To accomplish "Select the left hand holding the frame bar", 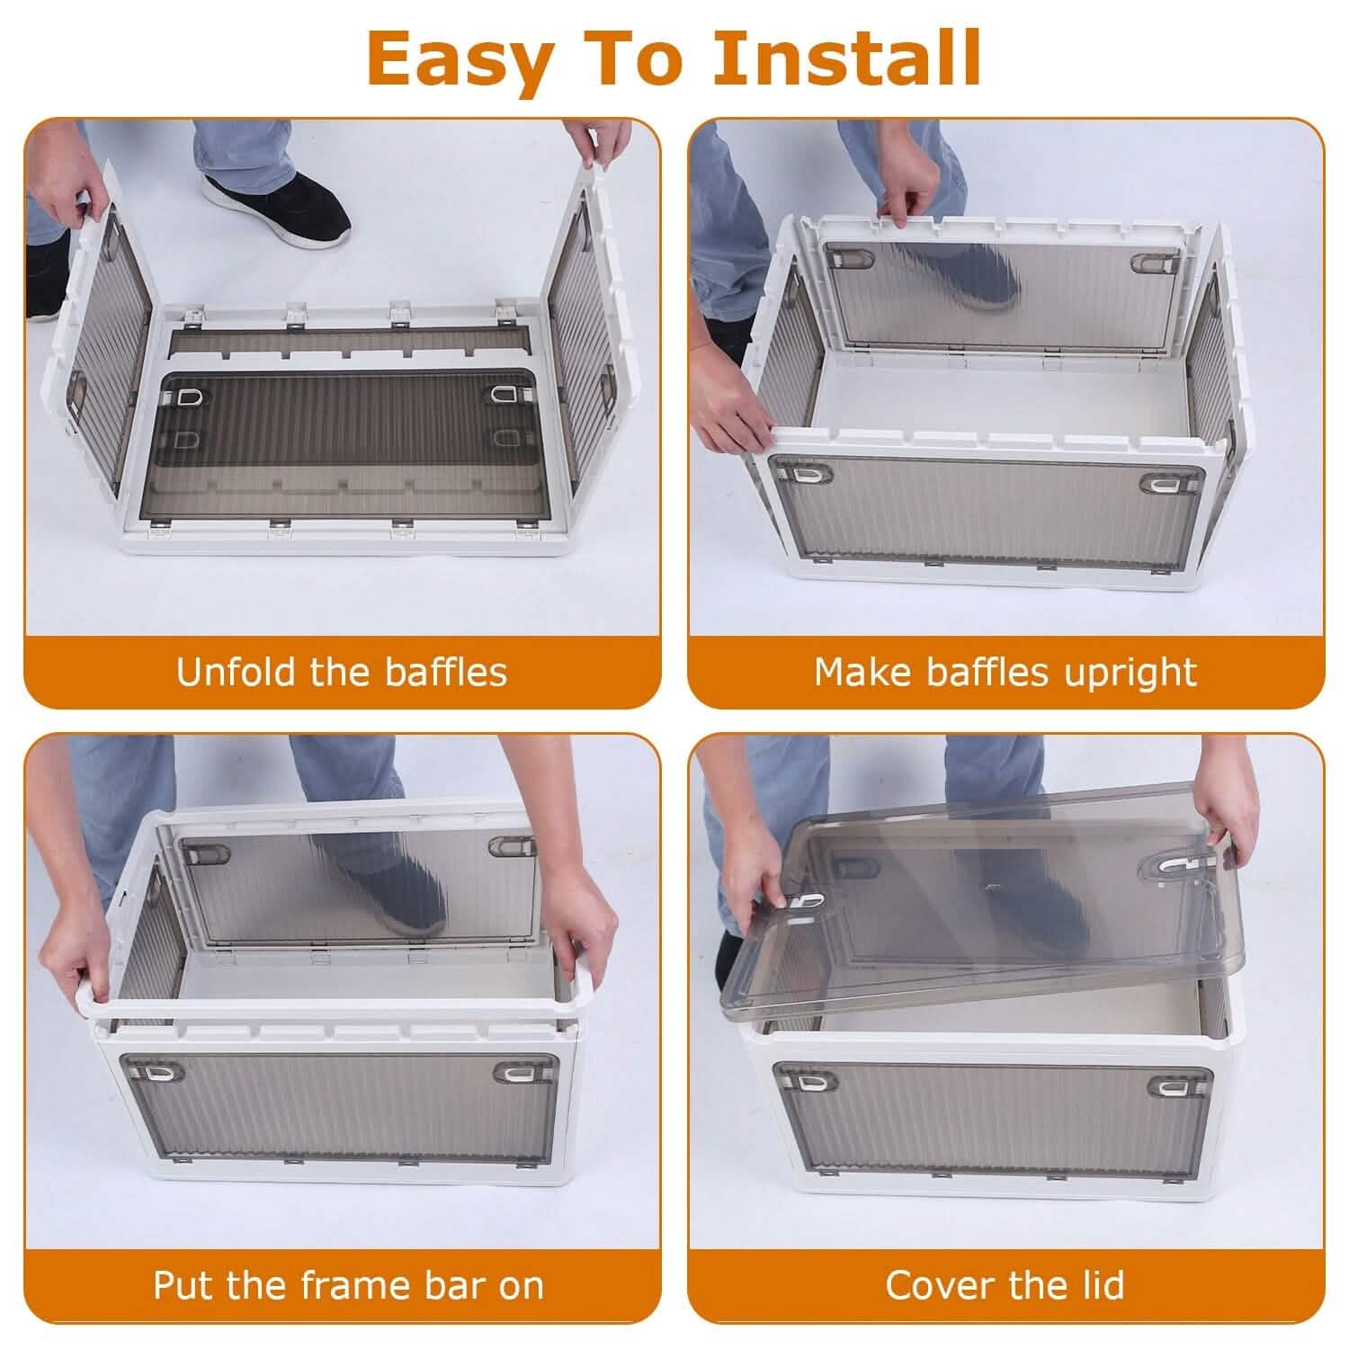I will point(79,946).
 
